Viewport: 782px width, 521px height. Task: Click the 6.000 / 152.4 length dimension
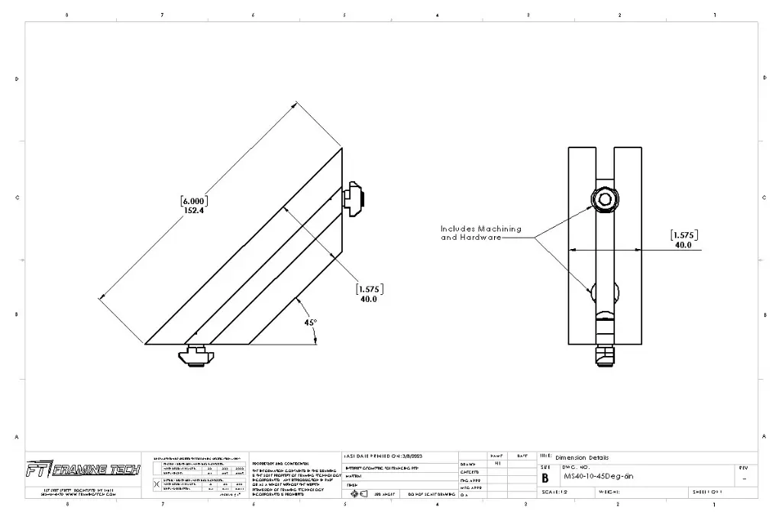click(194, 205)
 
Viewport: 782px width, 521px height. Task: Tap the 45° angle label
click(310, 322)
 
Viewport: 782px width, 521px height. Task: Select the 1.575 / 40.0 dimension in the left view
click(370, 293)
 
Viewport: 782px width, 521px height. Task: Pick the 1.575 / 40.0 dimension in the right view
click(683, 240)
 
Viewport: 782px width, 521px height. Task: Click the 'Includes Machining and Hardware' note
click(480, 233)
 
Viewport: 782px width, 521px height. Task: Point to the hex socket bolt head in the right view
click(604, 200)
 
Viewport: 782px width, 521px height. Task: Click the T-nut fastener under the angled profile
click(195, 354)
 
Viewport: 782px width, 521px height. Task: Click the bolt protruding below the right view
click(605, 354)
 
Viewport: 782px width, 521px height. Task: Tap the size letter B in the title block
click(545, 477)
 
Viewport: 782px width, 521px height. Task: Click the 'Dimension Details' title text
click(582, 458)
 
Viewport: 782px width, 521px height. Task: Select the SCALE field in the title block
click(554, 492)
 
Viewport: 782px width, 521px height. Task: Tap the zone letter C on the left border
click(17, 198)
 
